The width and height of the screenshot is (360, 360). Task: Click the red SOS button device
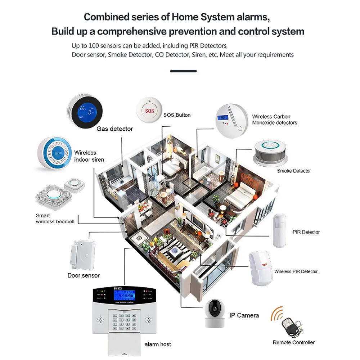click(x=149, y=111)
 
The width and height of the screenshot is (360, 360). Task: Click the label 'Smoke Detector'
click(x=294, y=171)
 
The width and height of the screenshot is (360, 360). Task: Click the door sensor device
click(x=82, y=255)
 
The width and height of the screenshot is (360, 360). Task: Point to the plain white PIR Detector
click(x=280, y=230)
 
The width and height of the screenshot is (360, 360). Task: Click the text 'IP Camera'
click(x=244, y=315)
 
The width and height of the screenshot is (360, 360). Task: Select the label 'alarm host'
click(x=158, y=345)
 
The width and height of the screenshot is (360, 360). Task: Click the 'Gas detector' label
click(x=114, y=129)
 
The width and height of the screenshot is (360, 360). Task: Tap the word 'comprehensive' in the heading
click(x=149, y=31)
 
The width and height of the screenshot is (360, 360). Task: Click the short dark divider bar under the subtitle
click(x=183, y=71)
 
